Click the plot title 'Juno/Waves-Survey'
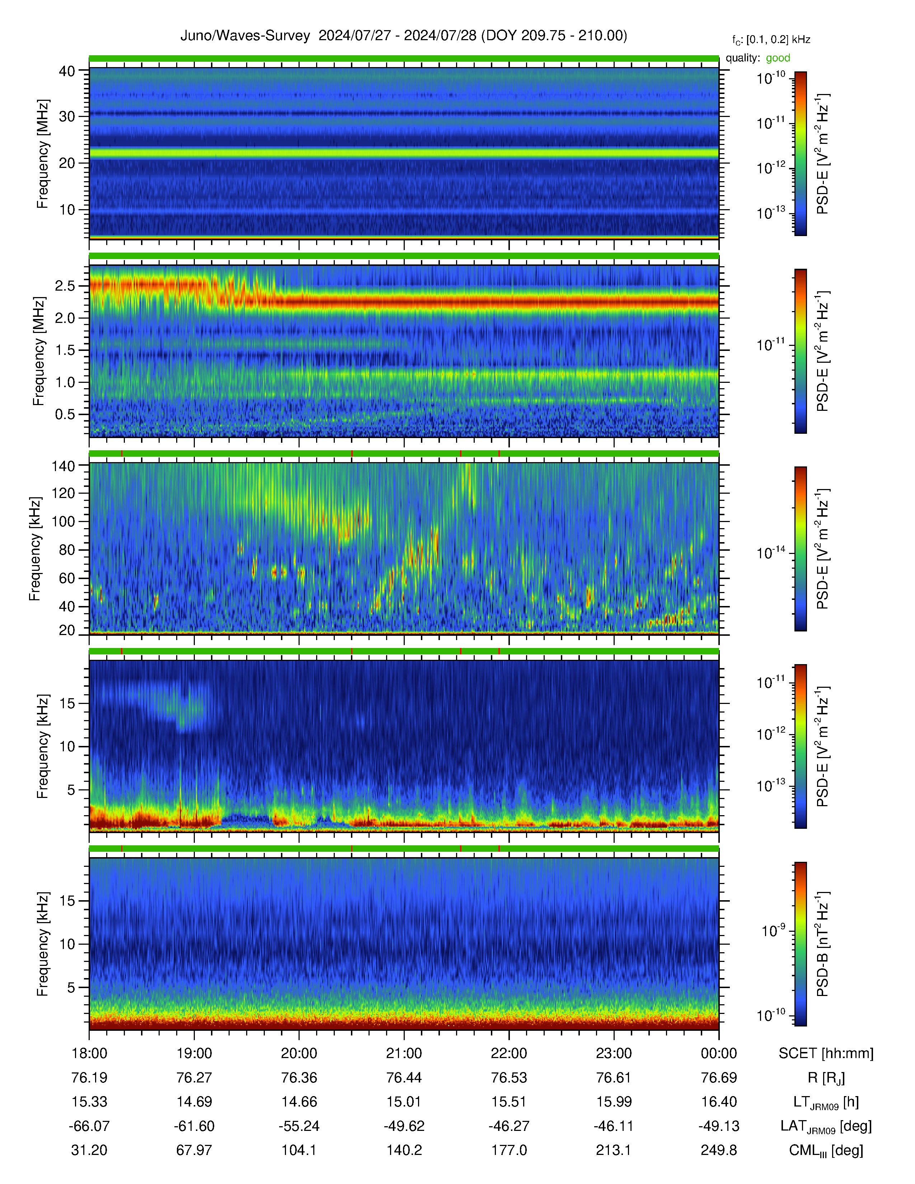tap(245, 36)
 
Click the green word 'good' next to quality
tap(778, 58)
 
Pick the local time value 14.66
tap(299, 1101)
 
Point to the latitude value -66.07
tap(89, 1126)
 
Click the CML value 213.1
tap(614, 1150)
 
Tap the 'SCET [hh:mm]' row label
tap(826, 1053)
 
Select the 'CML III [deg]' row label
tap(826, 1150)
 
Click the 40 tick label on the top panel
tap(67, 71)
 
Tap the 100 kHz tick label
tap(63, 522)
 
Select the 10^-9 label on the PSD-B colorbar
tap(773, 930)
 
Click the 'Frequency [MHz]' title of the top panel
tap(42, 154)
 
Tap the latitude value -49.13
tap(719, 1126)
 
